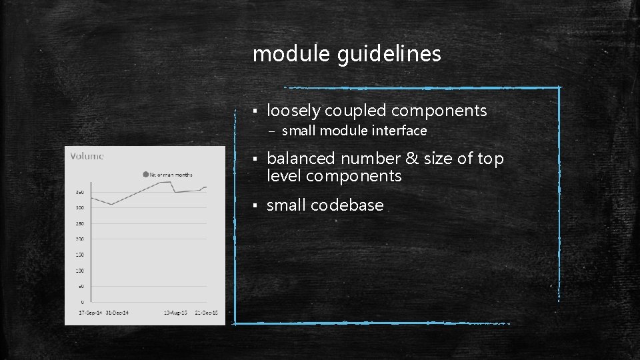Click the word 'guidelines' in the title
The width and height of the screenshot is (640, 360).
click(x=389, y=54)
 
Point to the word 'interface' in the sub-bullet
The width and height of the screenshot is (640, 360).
click(x=399, y=131)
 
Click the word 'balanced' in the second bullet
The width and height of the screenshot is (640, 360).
click(x=301, y=159)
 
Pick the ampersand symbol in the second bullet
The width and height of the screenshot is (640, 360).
click(x=411, y=159)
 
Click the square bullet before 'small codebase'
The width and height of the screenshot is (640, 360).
click(x=255, y=206)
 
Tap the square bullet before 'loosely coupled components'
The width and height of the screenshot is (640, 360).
click(x=255, y=111)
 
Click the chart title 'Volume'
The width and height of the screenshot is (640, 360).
click(x=87, y=156)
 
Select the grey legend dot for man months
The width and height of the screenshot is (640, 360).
click(x=145, y=174)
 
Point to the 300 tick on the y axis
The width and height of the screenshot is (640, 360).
click(x=79, y=207)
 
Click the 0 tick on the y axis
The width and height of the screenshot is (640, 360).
click(x=82, y=302)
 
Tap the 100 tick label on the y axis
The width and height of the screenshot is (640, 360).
click(x=79, y=270)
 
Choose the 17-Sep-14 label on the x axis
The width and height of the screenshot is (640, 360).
click(x=91, y=312)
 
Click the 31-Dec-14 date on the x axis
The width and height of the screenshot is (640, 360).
click(x=117, y=312)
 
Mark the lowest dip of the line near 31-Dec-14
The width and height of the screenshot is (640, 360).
click(x=112, y=204)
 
